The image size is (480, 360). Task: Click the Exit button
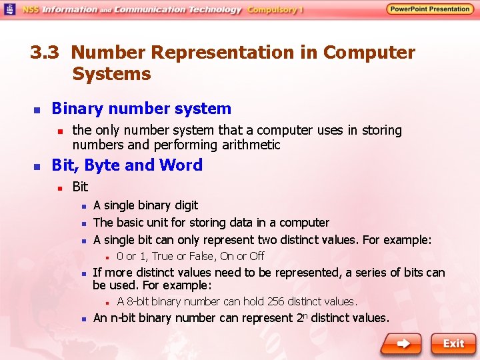click(453, 343)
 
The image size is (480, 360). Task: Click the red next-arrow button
click(401, 343)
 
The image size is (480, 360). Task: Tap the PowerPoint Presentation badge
click(430, 9)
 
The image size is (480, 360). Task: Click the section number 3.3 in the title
click(45, 53)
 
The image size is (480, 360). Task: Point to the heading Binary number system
click(141, 109)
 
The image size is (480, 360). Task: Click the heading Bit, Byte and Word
click(127, 165)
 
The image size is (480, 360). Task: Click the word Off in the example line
click(257, 256)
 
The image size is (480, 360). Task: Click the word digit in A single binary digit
click(184, 205)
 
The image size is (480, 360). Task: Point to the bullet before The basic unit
click(83, 223)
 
